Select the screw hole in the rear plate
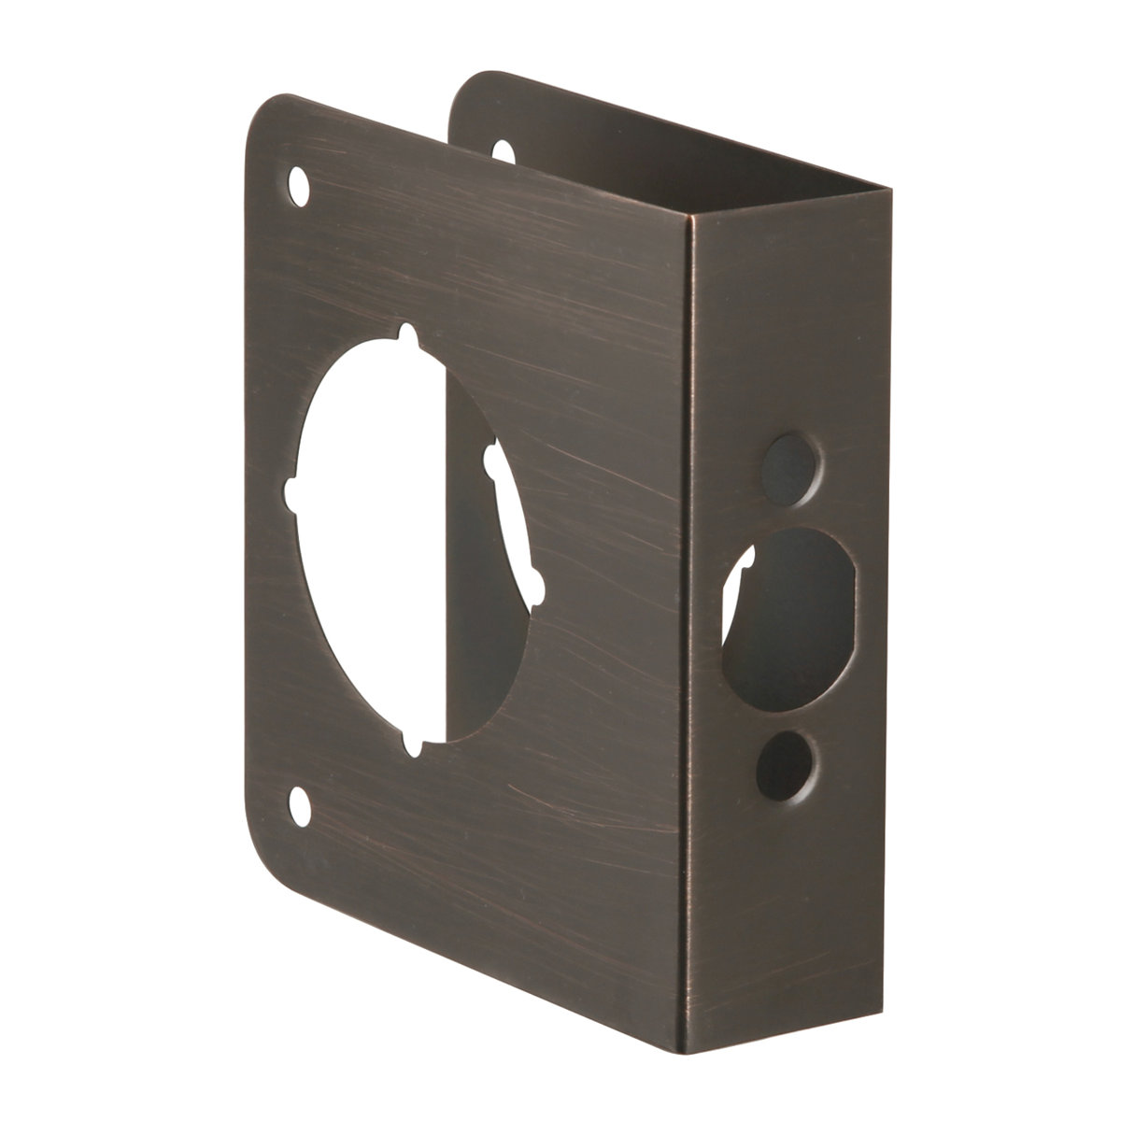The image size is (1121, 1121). pos(502,150)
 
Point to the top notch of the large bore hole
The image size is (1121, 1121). pos(407,334)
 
